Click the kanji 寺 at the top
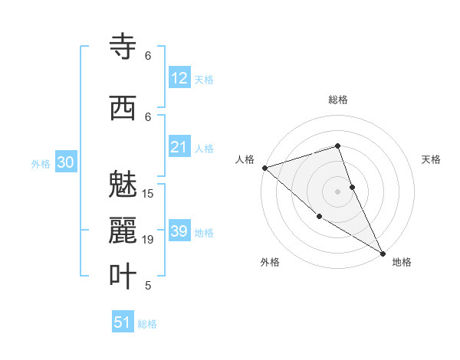(x=123, y=47)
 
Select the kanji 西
(x=123, y=108)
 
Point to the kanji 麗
(x=123, y=231)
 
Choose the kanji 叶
(x=123, y=276)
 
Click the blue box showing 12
(x=179, y=78)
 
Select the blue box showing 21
(x=179, y=147)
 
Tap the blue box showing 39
(x=179, y=231)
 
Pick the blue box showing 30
(x=65, y=162)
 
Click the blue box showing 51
(x=123, y=322)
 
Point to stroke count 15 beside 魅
(x=148, y=194)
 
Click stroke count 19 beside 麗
(x=148, y=240)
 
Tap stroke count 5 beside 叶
(x=148, y=286)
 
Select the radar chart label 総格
(x=338, y=100)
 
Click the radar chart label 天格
(x=431, y=159)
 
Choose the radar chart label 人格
(x=245, y=159)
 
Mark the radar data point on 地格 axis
(x=383, y=252)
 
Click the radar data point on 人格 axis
(x=264, y=168)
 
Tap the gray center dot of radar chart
(x=338, y=191)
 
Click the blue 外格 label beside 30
(x=40, y=163)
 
